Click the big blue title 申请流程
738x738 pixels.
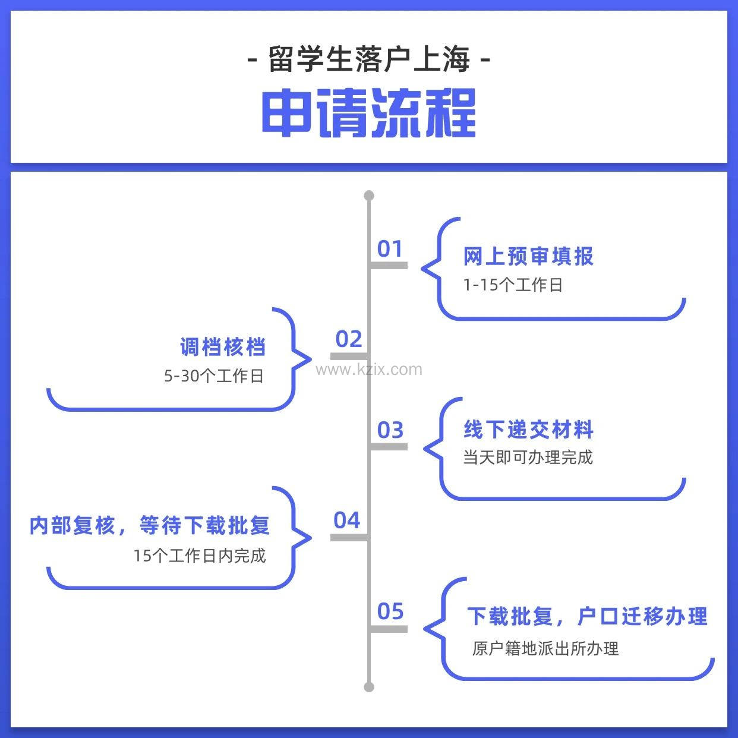[368, 113]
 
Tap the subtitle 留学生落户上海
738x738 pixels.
[368, 59]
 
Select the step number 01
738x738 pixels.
[390, 249]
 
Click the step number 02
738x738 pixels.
[349, 339]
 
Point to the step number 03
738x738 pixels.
[390, 430]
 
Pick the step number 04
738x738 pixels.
[347, 521]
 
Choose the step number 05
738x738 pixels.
[390, 611]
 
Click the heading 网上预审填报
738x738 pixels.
[528, 257]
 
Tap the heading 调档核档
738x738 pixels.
[223, 347]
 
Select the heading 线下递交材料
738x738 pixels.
[528, 429]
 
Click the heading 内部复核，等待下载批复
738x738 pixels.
[150, 525]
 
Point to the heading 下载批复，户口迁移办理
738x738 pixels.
[587, 616]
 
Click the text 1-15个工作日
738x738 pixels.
[513, 285]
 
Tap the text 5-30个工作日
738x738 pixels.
[214, 376]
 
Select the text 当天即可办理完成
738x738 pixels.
[528, 458]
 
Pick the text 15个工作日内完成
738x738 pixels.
[200, 556]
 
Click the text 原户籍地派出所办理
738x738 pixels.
[545, 648]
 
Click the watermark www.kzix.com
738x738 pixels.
[369, 370]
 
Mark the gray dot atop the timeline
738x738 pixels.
[369, 195]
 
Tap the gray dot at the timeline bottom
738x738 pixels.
[369, 687]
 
